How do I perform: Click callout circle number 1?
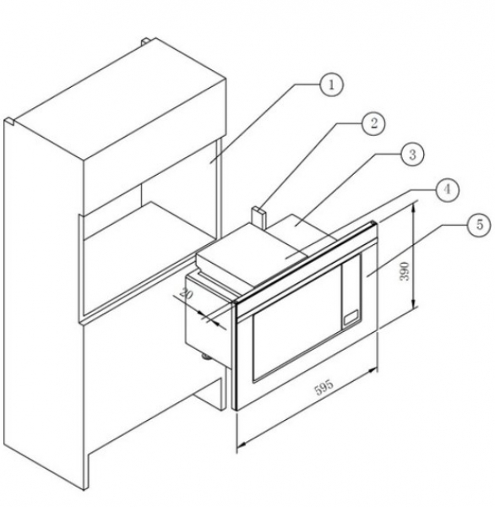(331, 84)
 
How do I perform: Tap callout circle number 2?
(373, 123)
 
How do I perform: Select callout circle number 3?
(412, 155)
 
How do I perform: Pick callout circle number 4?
(447, 189)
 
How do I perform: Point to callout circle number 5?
(480, 225)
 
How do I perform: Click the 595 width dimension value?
(324, 387)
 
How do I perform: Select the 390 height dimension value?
(405, 271)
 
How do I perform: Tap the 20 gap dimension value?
(186, 293)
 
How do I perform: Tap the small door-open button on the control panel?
(351, 317)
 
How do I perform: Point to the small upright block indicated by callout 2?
(258, 218)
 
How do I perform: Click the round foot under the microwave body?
(205, 357)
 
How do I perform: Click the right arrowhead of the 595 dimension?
(373, 370)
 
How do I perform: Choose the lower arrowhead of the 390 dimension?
(414, 304)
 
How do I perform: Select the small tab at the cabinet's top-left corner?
(9, 121)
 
